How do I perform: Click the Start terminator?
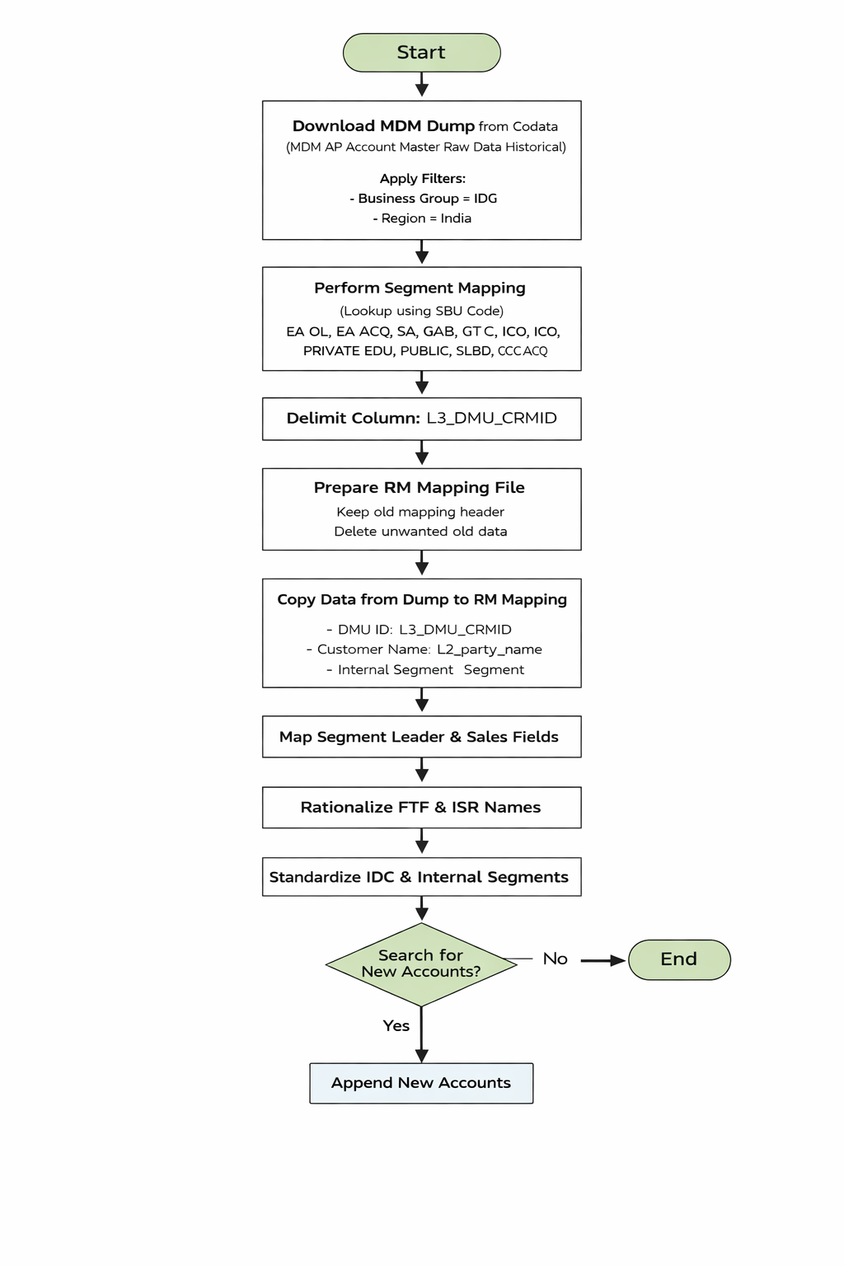[421, 53]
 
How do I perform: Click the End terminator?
[679, 959]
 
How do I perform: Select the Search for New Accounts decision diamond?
[421, 964]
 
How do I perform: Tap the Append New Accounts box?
[421, 1083]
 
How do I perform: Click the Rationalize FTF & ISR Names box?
[421, 808]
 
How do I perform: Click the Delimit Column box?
[421, 419]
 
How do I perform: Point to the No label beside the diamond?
[555, 959]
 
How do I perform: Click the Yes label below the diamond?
[396, 1025]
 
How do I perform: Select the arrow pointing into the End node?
[603, 960]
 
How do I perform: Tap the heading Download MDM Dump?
[383, 126]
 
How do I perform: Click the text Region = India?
[422, 218]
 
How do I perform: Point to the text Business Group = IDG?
[423, 199]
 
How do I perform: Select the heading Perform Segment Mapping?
[420, 288]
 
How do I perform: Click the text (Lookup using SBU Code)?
[421, 311]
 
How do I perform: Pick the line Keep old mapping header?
[420, 512]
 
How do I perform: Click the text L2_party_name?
[489, 649]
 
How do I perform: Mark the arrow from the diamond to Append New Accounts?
[421, 1036]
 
